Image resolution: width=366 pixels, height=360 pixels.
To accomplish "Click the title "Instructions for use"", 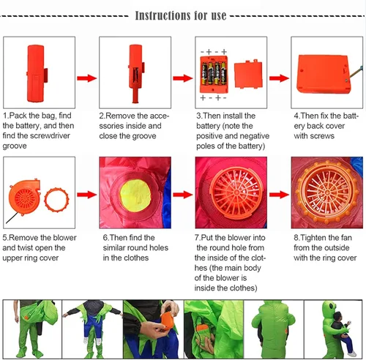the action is (x=181, y=15).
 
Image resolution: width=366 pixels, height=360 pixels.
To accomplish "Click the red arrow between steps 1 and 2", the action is (x=87, y=78).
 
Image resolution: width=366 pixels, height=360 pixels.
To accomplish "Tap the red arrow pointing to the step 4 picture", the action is (x=279, y=78).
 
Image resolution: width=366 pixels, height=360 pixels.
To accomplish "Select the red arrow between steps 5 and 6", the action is (x=87, y=195).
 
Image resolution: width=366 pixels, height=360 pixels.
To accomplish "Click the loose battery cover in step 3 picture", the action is (x=248, y=75).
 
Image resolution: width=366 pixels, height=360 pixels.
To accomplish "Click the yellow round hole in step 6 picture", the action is (x=135, y=195).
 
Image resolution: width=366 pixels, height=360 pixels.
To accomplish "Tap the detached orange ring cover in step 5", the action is (x=56, y=200).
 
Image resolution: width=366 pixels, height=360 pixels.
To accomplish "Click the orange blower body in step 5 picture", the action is (x=24, y=197).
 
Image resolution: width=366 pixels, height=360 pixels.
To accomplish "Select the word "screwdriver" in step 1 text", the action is (x=50, y=135).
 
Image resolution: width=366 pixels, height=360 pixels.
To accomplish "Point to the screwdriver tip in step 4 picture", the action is (x=349, y=78).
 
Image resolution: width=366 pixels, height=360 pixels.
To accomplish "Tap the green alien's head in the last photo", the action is (x=329, y=308).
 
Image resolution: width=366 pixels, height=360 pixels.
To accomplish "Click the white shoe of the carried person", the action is (x=352, y=353).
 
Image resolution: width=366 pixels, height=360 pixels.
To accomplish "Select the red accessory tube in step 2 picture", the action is (x=135, y=73).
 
